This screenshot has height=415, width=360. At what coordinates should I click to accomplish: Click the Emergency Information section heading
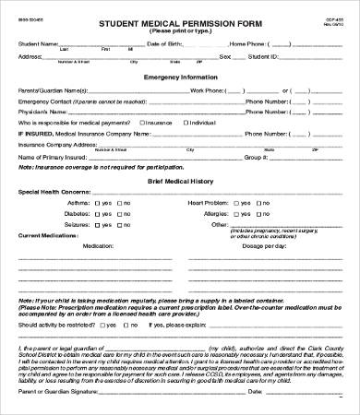click(182, 77)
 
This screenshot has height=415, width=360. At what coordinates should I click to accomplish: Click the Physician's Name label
click(41, 110)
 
